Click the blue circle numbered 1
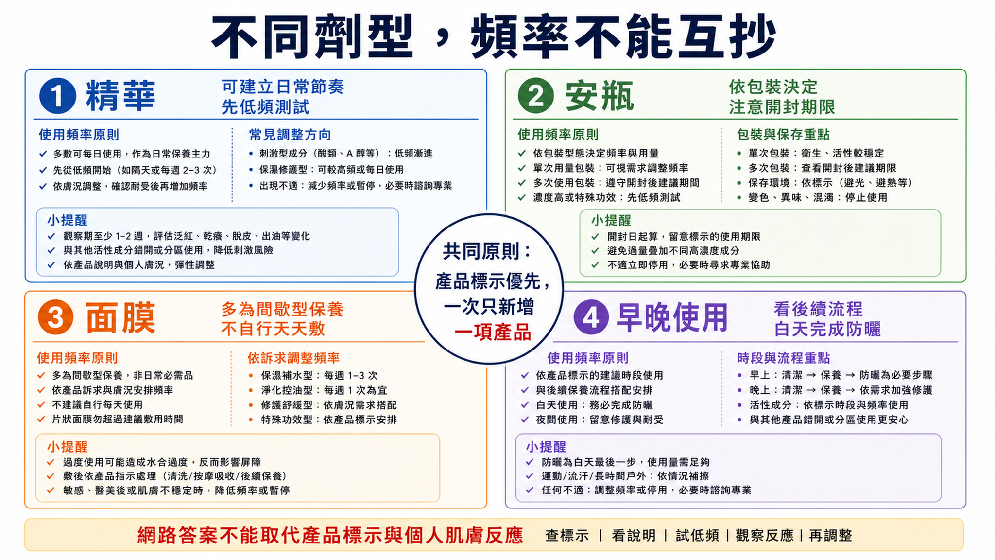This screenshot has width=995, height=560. [57, 95]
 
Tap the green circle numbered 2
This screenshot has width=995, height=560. [536, 95]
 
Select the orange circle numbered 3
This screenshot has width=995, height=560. [55, 317]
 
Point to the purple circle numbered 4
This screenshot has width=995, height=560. [591, 317]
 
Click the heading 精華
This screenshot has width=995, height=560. [120, 95]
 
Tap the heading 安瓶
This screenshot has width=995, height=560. [600, 95]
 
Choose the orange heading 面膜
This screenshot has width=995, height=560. [120, 317]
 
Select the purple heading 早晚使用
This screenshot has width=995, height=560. [672, 317]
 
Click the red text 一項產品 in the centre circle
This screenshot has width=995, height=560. [493, 333]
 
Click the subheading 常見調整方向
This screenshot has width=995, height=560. [290, 135]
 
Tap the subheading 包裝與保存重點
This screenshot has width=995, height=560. [783, 135]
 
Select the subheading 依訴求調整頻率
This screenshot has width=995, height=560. [293, 358]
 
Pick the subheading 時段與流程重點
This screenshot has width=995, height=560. [784, 358]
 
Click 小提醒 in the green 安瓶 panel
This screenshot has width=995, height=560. [611, 220]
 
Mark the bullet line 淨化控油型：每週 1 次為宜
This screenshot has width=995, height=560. [324, 390]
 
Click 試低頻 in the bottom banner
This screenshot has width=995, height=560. [697, 536]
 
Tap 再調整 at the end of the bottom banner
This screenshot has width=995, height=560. [830, 536]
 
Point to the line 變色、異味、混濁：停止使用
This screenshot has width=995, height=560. [818, 198]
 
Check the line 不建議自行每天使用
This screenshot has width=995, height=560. [97, 405]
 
